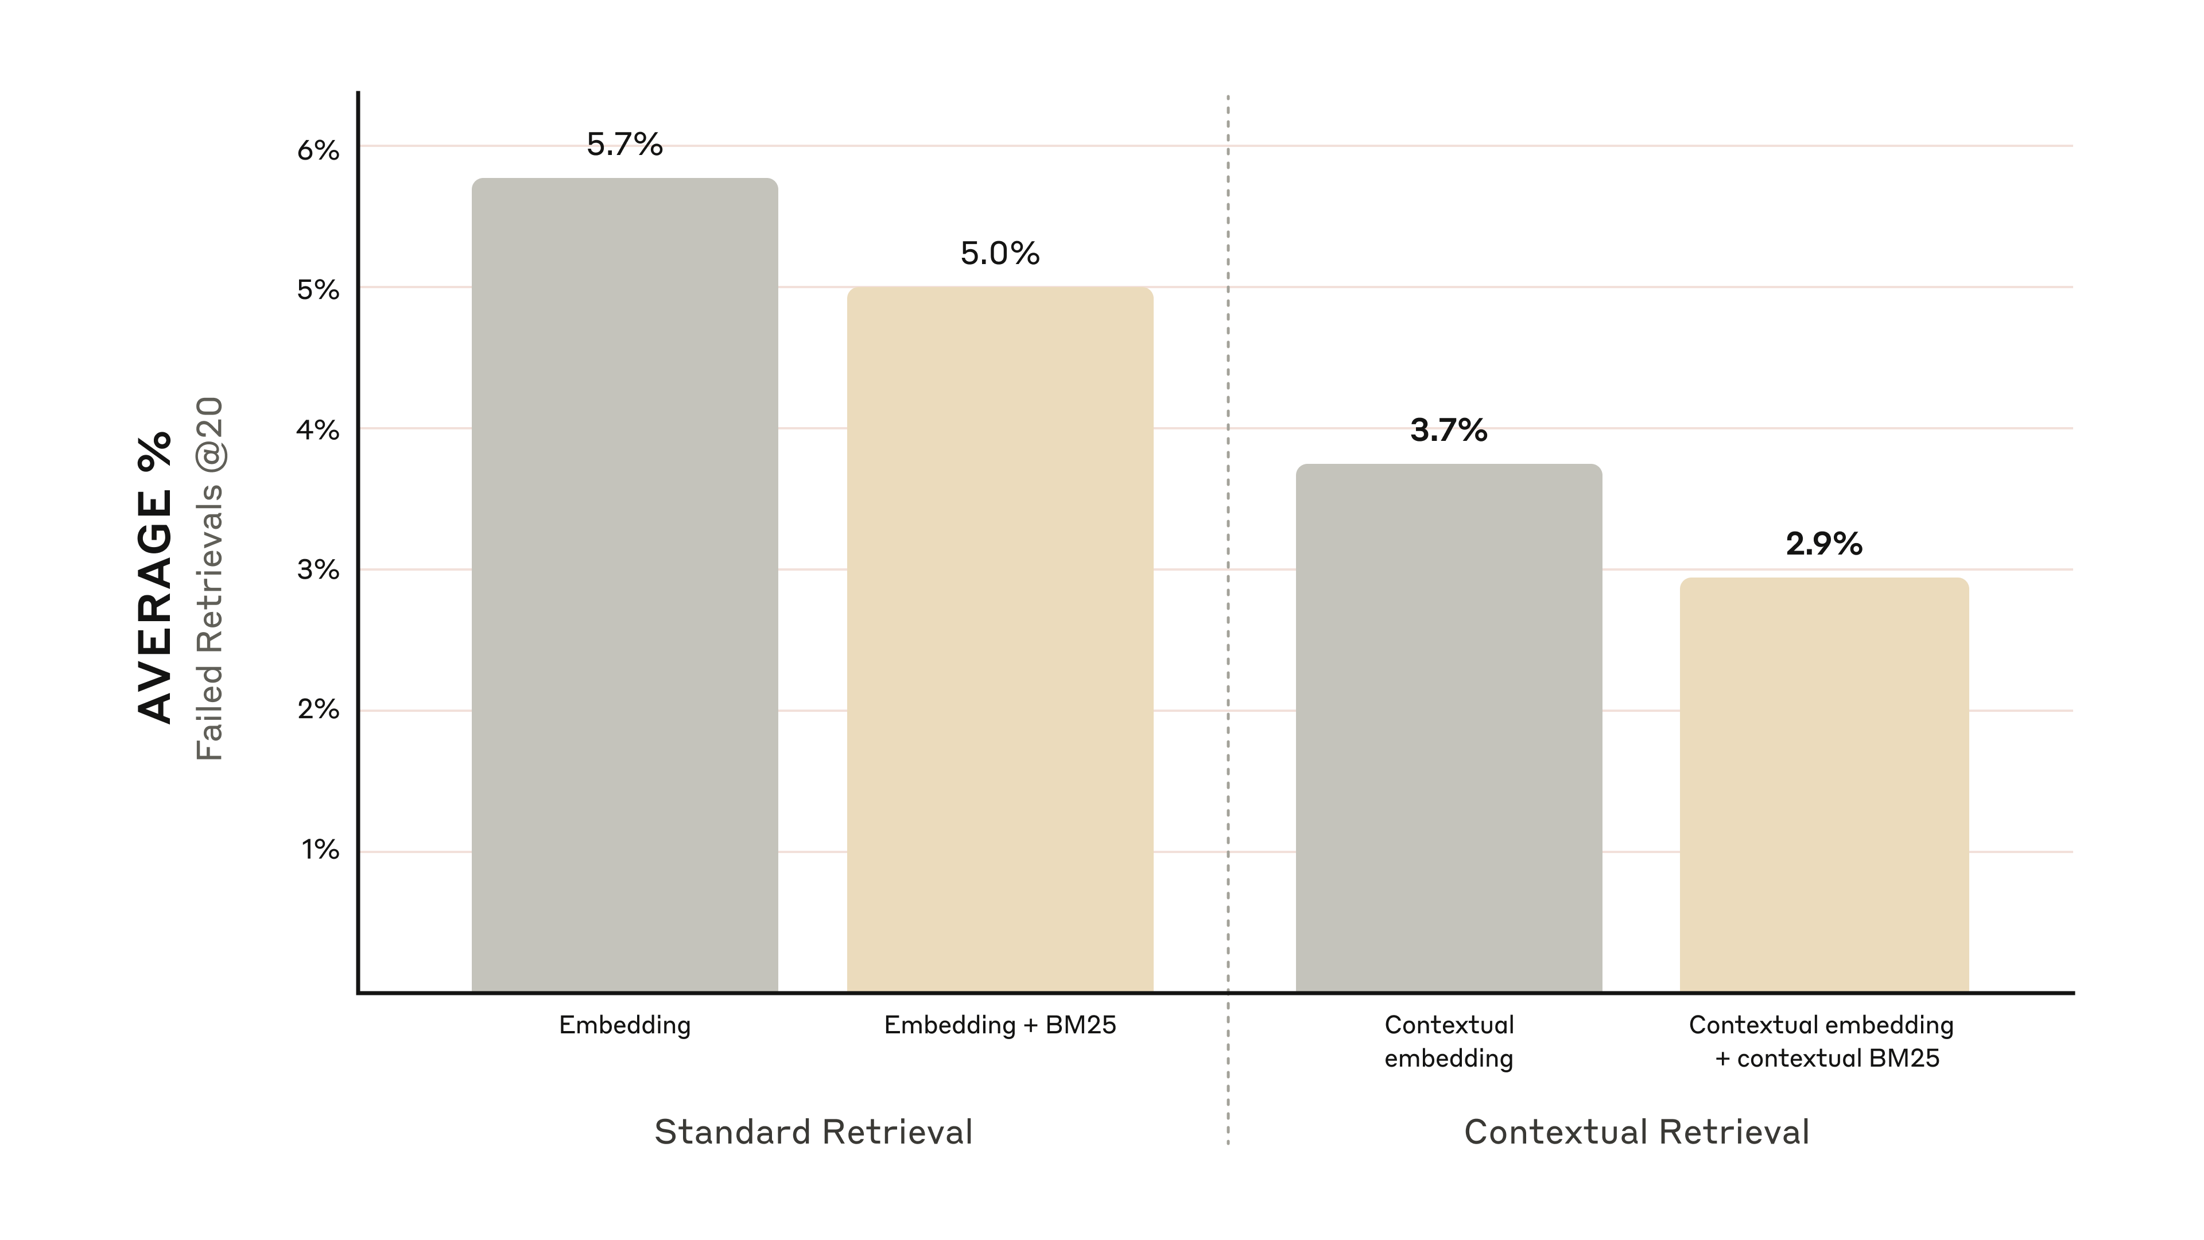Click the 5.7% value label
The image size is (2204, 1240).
(x=624, y=145)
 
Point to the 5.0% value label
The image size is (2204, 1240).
(x=999, y=253)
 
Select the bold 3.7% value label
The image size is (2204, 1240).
(x=1449, y=431)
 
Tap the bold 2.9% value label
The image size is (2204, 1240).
(x=1823, y=544)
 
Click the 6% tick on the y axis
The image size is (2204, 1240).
(x=319, y=150)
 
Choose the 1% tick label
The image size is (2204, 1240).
(x=320, y=850)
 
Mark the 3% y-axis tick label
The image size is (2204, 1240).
(x=319, y=570)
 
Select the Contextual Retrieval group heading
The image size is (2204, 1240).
(x=1637, y=1132)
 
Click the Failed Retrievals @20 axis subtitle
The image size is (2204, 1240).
(x=209, y=579)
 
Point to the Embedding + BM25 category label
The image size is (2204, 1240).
(x=999, y=1025)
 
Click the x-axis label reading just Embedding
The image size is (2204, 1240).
(x=624, y=1025)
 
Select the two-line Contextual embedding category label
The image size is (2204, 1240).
(x=1449, y=1041)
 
